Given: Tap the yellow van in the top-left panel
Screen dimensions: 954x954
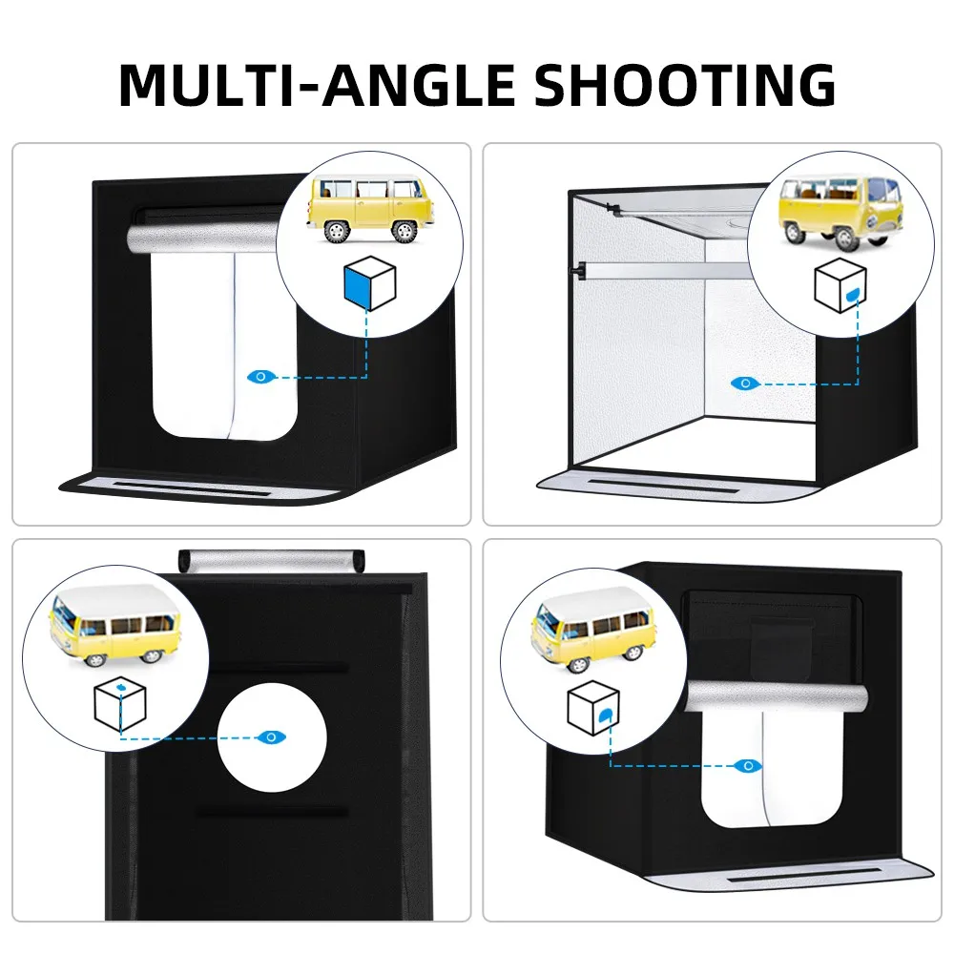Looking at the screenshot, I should point(369,209).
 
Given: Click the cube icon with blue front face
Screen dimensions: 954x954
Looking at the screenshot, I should point(368,283).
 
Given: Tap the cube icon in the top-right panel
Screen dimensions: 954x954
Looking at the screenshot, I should point(840,285).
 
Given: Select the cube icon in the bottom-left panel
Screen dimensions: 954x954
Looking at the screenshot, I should point(121,705).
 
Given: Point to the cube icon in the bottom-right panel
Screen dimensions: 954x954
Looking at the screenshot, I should point(593,708).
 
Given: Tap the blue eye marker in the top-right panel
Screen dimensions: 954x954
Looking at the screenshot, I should point(743,383).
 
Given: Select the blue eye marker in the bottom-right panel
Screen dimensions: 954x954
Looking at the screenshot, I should point(749,764).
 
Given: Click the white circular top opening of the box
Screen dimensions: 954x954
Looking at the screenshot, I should point(272,737).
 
